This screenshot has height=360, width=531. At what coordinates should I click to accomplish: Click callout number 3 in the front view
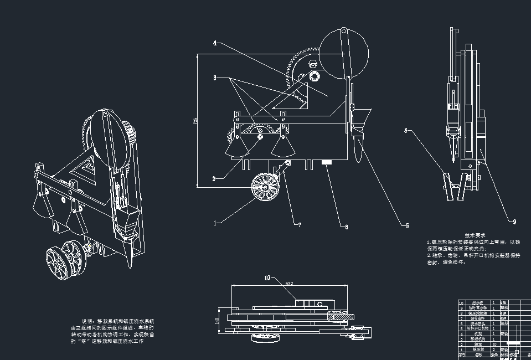[x=215, y=78]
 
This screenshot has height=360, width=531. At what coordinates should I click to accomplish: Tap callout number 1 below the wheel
[x=215, y=223]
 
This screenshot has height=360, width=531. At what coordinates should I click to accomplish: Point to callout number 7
[x=300, y=225]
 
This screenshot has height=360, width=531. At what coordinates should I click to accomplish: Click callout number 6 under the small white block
[x=346, y=226]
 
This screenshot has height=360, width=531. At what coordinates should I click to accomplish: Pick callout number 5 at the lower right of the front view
[x=407, y=225]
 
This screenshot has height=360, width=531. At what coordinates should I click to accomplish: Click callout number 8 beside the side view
[x=406, y=131]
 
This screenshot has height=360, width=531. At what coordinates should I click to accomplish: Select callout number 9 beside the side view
[x=514, y=222]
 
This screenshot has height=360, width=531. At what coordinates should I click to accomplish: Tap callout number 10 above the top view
[x=267, y=278]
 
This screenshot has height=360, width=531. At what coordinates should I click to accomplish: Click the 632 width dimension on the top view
[x=288, y=284]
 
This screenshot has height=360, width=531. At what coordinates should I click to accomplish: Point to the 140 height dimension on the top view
[x=218, y=320]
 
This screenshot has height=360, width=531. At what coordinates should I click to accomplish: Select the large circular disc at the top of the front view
[x=344, y=54]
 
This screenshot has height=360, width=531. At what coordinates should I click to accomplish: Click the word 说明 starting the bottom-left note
[x=87, y=321]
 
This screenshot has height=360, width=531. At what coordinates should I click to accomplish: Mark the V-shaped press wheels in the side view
[x=453, y=187]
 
